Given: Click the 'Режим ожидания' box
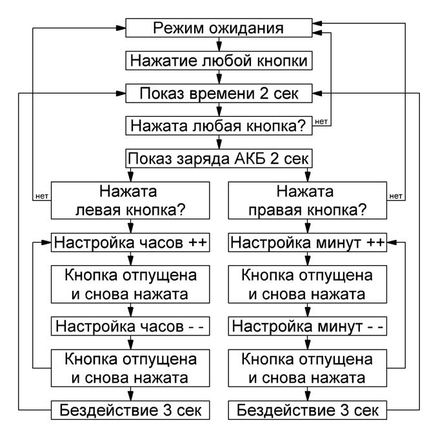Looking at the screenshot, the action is click(x=219, y=28).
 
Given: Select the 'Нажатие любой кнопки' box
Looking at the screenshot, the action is click(x=219, y=61).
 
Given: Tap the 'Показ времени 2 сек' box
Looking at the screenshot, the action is click(x=219, y=94).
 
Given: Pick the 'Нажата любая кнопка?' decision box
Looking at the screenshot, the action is click(x=219, y=126).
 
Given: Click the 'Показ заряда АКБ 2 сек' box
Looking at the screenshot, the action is click(x=219, y=159).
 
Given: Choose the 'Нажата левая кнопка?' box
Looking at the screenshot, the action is click(x=130, y=201).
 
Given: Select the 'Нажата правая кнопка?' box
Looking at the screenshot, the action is click(x=308, y=201).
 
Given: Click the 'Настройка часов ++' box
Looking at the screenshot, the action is click(x=130, y=243).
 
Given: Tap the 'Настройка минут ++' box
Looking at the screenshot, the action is click(x=308, y=243).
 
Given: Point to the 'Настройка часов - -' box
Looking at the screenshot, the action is click(x=130, y=326).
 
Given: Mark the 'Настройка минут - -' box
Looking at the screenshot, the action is click(x=308, y=326).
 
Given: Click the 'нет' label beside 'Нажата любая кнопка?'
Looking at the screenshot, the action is click(x=321, y=121).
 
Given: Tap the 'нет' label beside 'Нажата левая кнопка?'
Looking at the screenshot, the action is click(x=42, y=196).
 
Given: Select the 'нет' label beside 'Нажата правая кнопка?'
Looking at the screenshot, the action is click(x=396, y=196).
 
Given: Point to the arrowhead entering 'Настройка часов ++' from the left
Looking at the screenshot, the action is click(x=46, y=243).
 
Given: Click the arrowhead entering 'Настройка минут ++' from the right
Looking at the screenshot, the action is click(x=392, y=243).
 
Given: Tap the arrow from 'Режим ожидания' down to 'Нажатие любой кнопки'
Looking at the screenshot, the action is click(x=219, y=44).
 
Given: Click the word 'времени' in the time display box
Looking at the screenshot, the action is click(x=223, y=94).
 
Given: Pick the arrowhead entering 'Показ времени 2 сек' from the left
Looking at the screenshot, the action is click(x=121, y=94).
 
